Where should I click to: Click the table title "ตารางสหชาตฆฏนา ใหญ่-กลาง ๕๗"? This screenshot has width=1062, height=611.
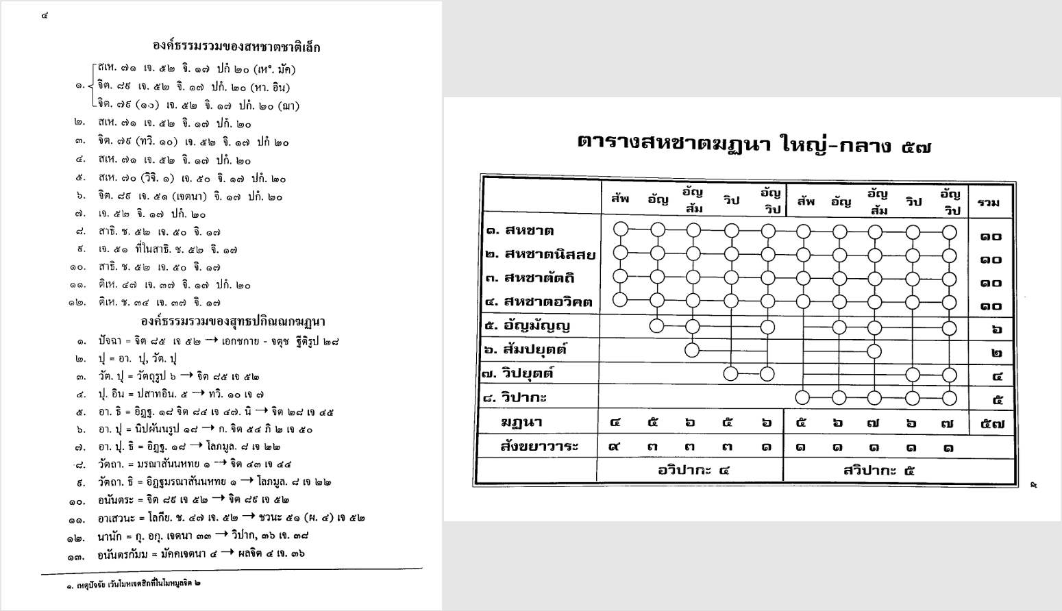coord(754,144)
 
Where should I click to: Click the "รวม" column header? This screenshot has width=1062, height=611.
coord(988,203)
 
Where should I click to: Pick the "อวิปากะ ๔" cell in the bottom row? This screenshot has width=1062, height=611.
coord(693,471)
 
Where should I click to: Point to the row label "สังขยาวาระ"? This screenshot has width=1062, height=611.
coord(539,447)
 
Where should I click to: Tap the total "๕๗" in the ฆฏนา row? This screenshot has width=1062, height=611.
coord(991,423)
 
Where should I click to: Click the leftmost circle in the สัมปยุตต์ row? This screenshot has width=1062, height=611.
coord(693,351)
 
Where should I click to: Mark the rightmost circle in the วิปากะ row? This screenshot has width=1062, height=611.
coord(949,397)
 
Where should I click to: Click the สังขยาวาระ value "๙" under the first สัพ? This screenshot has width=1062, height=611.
coord(615,447)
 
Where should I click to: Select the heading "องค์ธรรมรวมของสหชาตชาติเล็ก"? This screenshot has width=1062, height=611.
coord(236,47)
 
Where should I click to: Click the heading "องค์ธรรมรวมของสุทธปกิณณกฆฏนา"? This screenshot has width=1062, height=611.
coord(233,321)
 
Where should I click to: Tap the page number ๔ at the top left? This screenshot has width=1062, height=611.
coord(45,15)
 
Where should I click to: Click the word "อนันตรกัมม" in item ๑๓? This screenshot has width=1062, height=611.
coord(123,554)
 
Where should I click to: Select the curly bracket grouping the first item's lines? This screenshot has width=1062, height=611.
coord(92,87)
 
